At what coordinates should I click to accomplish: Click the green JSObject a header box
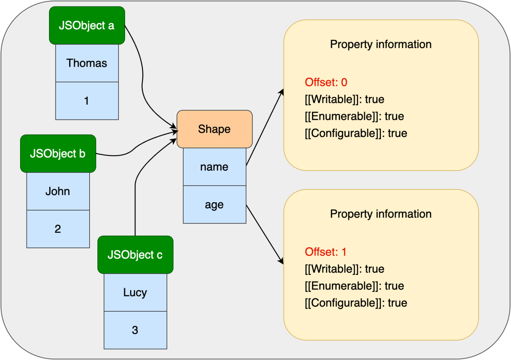87,25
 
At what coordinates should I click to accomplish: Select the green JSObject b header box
58,154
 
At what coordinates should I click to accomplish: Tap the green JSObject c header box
135,255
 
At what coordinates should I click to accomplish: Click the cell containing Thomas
87,63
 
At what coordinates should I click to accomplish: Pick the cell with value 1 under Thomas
87,101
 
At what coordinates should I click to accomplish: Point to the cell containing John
58,191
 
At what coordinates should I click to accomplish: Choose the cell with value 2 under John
58,229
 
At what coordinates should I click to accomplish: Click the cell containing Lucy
135,293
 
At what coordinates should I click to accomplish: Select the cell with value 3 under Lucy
135,330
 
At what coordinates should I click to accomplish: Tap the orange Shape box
214,129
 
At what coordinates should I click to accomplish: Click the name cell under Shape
214,167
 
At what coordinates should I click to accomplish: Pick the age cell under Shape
214,204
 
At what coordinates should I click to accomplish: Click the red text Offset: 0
326,82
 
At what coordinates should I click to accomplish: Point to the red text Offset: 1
326,252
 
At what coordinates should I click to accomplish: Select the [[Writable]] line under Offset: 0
344,99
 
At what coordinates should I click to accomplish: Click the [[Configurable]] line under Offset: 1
356,303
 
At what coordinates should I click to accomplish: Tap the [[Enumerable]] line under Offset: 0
354,116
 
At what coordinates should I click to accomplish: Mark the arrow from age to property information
265,235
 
